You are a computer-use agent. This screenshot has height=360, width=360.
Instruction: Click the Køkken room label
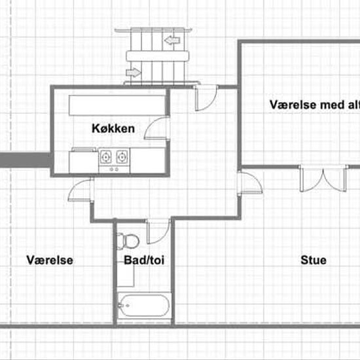click(113, 128)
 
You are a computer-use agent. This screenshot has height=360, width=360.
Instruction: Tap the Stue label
click(314, 260)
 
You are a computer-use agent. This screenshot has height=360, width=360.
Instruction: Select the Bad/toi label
click(144, 260)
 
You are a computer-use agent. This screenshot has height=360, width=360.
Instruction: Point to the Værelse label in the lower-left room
click(50, 260)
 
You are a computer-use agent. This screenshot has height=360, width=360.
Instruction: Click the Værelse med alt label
click(315, 105)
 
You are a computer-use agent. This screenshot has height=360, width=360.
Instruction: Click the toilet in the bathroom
click(128, 242)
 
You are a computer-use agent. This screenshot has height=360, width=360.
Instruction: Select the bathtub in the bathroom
click(144, 306)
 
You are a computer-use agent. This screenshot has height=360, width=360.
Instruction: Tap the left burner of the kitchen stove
click(105, 157)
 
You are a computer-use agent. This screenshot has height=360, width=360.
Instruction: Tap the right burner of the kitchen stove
click(122, 157)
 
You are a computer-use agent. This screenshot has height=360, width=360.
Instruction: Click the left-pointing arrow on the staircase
click(172, 40)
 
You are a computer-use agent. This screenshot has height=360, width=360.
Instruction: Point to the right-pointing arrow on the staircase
click(134, 73)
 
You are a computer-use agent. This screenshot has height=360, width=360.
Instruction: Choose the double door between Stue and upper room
click(323, 179)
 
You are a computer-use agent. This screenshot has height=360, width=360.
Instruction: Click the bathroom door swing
click(158, 232)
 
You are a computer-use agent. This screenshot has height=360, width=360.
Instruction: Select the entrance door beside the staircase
click(205, 98)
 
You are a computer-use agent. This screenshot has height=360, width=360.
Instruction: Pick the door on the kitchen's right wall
click(157, 128)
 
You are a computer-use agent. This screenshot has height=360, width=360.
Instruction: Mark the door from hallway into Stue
click(249, 183)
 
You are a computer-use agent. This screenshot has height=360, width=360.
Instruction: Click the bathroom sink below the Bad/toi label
click(126, 275)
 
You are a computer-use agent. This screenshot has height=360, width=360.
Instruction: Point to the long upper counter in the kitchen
click(117, 105)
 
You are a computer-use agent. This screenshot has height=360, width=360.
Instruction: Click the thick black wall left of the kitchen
click(26, 160)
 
